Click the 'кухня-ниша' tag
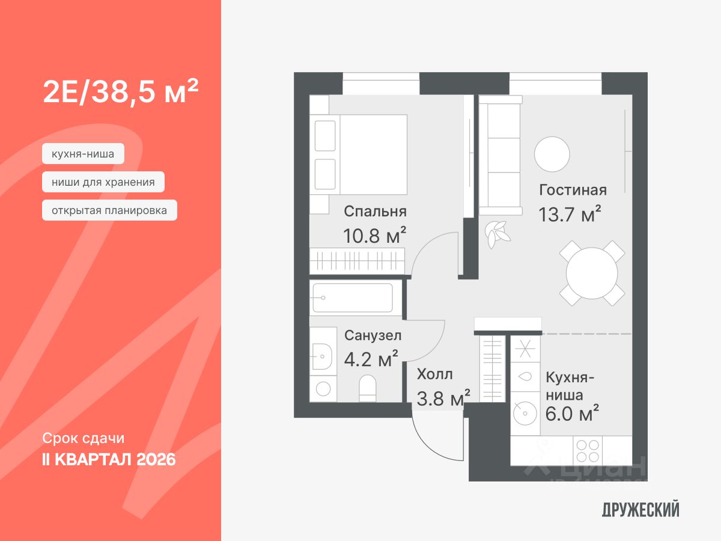tap(83, 154)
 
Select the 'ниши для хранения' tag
tap(103, 182)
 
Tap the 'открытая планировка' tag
tap(109, 210)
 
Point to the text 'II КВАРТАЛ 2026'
tap(109, 460)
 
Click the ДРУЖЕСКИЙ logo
tap(640, 510)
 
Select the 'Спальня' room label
tap(375, 211)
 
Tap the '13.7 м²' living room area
tap(570, 215)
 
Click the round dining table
tap(592, 274)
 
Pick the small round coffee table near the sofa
tap(552, 154)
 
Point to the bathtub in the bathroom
tap(353, 298)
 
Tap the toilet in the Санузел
tap(367, 388)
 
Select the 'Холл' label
tap(434, 374)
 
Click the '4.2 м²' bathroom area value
tap(371, 360)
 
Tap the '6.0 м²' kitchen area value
tap(571, 414)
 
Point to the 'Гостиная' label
tap(573, 190)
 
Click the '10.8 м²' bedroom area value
tap(374, 235)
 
